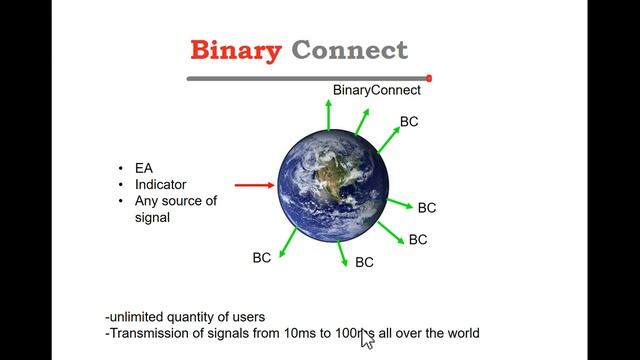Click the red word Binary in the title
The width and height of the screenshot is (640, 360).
click(235, 50)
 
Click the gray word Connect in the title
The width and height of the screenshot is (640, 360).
click(349, 50)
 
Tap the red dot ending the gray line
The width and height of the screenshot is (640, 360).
click(429, 78)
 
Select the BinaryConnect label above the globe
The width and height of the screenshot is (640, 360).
click(377, 90)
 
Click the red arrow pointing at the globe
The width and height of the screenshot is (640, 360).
click(254, 185)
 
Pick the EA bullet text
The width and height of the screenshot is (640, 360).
click(143, 168)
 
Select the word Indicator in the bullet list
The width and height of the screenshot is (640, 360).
click(161, 185)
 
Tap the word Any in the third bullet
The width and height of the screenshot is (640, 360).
click(147, 201)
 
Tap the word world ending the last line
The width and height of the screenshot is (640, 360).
click(461, 333)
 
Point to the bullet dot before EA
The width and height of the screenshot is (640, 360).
click(121, 168)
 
